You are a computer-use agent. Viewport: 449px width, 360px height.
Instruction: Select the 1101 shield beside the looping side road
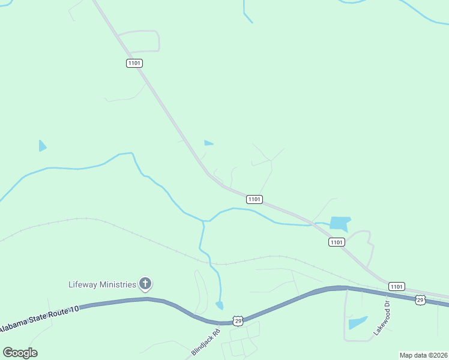coord(134,63)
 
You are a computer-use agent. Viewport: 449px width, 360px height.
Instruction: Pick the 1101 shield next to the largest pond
coord(336,242)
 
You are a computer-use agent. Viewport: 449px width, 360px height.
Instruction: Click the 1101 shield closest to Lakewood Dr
coord(396,286)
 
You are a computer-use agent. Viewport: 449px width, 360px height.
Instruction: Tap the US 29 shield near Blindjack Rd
coord(238,322)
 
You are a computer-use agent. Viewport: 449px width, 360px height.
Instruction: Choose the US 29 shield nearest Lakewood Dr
coord(421,299)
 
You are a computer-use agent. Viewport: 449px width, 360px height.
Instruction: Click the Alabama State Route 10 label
coord(39,319)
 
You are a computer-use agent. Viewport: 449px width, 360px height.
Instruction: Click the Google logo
coord(20,353)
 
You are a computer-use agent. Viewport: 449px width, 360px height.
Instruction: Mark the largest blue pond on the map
coord(339,223)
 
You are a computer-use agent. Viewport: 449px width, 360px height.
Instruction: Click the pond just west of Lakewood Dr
coord(358,323)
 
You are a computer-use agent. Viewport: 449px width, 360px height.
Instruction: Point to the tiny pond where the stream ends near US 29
coord(220,306)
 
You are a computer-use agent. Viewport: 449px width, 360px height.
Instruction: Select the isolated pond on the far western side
coord(42,146)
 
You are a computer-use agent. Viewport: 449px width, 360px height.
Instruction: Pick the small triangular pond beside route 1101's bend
coord(208,143)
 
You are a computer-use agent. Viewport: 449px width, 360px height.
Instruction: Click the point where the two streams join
coord(204,221)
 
